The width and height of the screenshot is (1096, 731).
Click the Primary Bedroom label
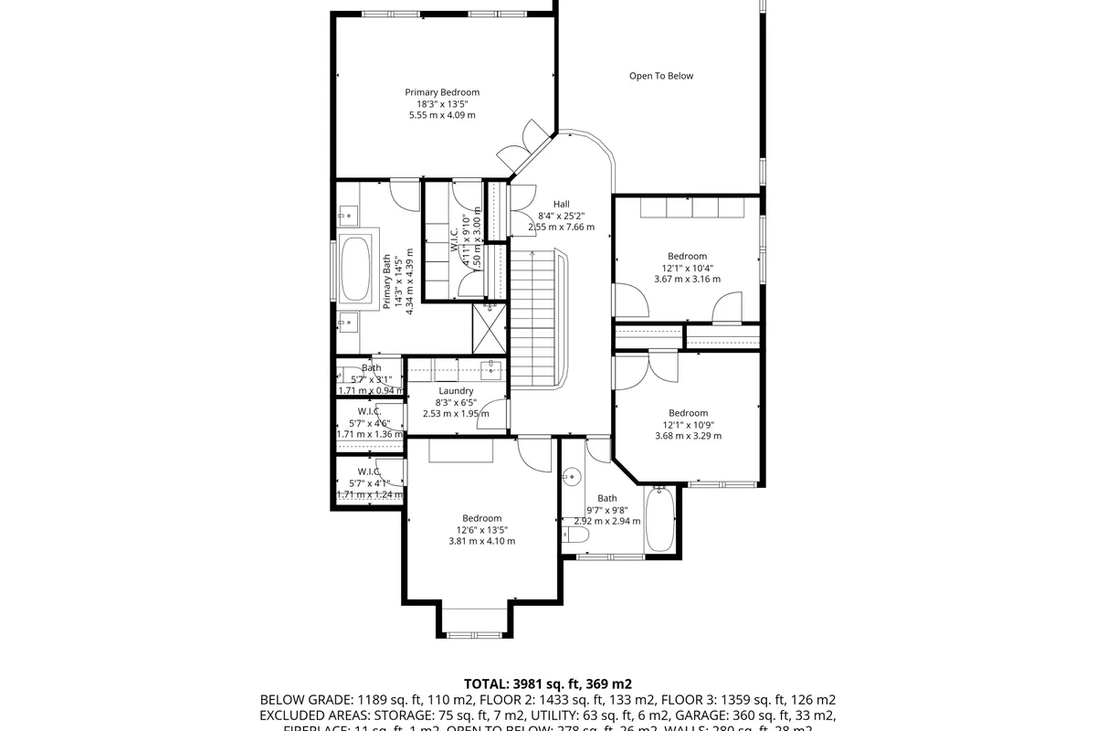coord(442,92)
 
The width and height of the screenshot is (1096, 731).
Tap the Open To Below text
coord(661,76)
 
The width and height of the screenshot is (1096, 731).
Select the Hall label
coord(561,204)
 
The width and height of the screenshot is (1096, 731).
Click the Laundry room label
coord(456,391)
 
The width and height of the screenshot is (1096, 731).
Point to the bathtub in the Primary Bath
coord(355,269)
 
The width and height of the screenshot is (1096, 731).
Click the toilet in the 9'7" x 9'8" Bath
coord(574,535)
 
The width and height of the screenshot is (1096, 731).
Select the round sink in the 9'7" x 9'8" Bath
coord(573,476)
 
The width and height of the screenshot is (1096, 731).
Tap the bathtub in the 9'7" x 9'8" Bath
coord(661,520)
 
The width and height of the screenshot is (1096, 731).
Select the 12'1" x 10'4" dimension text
coord(687,268)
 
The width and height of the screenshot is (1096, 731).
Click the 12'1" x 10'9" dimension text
coord(688,425)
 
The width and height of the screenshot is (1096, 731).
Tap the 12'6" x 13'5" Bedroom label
coord(481,518)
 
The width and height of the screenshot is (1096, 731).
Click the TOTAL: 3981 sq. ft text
coord(548,683)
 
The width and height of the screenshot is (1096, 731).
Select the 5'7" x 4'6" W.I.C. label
coord(369,411)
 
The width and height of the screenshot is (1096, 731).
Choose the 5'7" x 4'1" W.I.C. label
coord(369,471)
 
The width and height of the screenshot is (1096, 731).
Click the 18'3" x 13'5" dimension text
coord(442,103)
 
